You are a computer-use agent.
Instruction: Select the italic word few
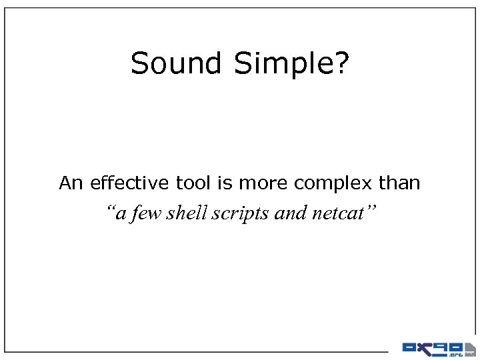click(147, 213)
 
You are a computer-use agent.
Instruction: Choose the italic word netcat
click(335, 213)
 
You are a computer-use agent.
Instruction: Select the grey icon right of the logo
click(470, 348)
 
